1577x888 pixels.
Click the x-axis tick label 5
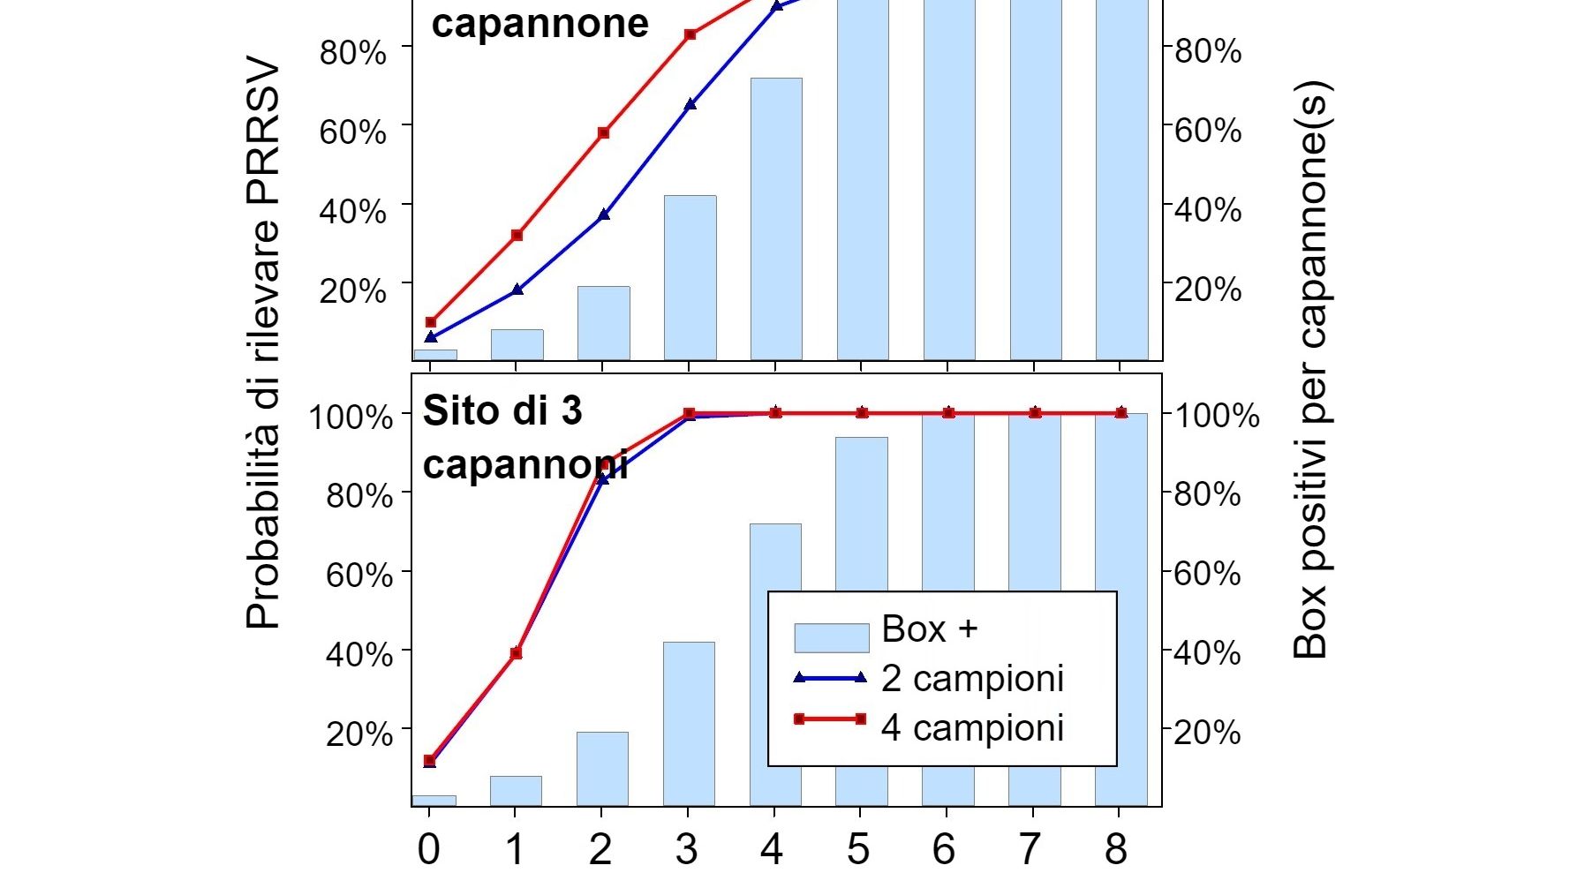(858, 849)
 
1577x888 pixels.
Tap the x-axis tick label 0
(428, 849)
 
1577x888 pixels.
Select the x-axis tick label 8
(1116, 849)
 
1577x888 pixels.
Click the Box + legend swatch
(831, 637)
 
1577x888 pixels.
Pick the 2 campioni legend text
(972, 678)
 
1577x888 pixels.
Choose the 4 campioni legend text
(972, 728)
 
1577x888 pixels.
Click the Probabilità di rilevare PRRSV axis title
(262, 344)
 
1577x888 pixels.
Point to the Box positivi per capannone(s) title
(1310, 371)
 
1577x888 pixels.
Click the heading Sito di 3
(502, 411)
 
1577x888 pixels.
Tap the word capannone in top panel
(539, 23)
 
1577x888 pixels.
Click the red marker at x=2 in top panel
(604, 133)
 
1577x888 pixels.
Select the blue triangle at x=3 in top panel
(690, 104)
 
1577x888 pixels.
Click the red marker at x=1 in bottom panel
(517, 653)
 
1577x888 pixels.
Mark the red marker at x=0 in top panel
(431, 322)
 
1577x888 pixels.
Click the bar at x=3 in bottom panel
(689, 724)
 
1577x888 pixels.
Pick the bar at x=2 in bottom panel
(602, 769)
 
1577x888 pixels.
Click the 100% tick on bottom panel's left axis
(351, 416)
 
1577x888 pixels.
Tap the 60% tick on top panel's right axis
(1208, 131)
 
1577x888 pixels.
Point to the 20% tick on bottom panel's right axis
(1208, 732)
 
